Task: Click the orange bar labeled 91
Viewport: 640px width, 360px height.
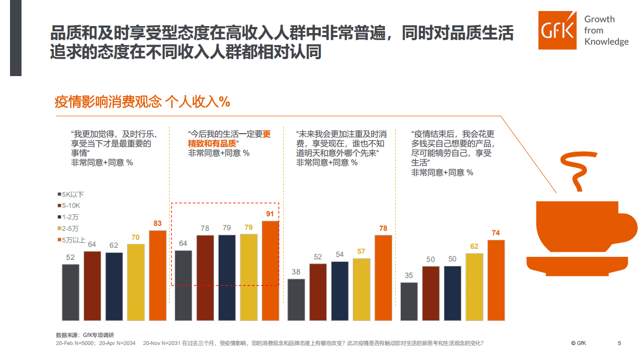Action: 270,270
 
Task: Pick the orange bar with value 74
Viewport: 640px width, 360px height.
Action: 496,280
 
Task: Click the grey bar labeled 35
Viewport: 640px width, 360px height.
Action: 409,301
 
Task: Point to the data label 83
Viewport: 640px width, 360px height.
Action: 158,223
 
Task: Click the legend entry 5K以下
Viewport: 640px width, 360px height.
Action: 70,194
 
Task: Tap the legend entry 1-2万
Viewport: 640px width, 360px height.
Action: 69,217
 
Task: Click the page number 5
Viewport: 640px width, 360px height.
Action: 619,343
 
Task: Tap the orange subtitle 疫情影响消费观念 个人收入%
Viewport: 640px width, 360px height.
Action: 142,102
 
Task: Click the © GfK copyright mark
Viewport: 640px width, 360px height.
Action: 578,343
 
